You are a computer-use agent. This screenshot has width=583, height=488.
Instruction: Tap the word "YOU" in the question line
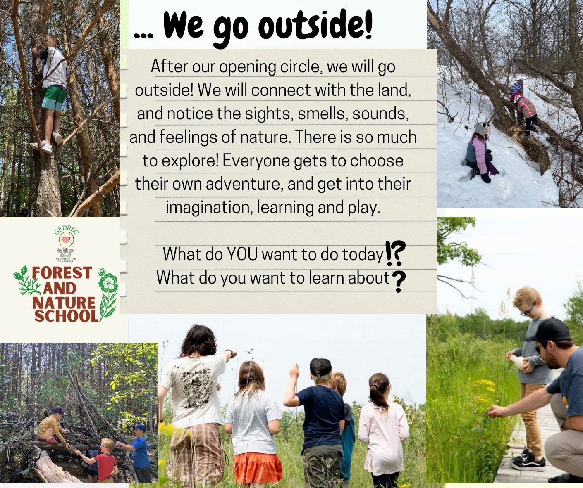point(242,254)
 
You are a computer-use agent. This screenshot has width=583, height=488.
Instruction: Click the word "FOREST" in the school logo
point(62,272)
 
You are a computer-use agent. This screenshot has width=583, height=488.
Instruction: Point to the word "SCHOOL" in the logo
point(67,316)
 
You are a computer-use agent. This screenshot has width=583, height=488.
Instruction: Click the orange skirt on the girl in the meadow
point(257,464)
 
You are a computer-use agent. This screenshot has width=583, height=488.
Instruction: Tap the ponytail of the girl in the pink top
point(378,393)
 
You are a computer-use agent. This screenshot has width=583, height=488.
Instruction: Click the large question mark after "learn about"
point(399,282)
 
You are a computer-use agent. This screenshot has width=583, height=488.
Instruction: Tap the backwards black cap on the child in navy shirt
point(321,367)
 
